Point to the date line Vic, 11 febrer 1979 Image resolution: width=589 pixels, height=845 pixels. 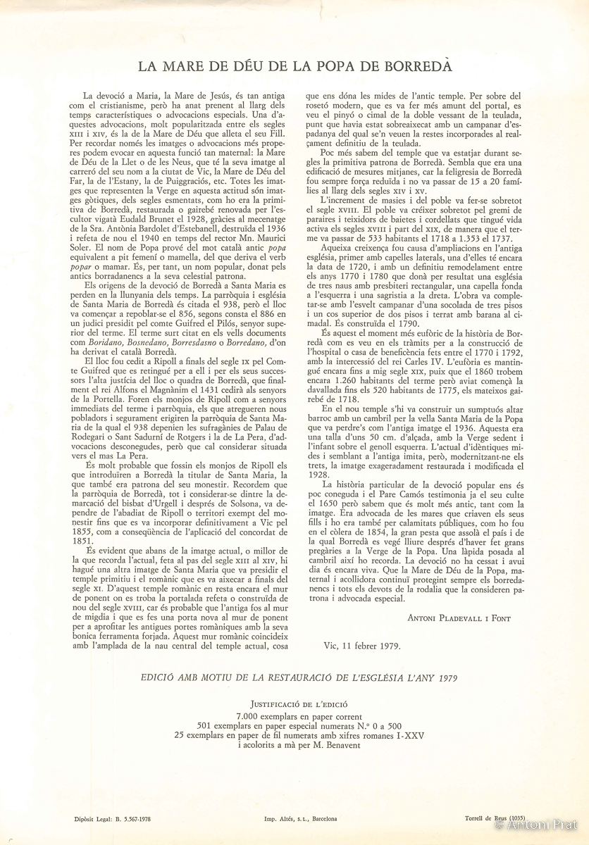[x=361, y=644]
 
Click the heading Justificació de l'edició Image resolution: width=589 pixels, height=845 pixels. [x=294, y=703]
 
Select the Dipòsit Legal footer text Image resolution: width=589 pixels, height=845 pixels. [x=112, y=819]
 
